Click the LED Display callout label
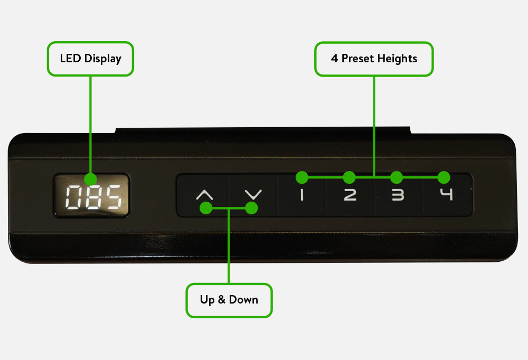click(90, 59)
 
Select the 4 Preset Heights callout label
click(374, 59)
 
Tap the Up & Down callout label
click(229, 300)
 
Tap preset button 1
click(301, 195)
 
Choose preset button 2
click(350, 195)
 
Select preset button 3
click(397, 195)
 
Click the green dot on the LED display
click(90, 179)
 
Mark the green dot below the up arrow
click(206, 209)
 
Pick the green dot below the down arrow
click(252, 209)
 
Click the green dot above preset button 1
click(301, 177)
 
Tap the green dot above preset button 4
click(444, 177)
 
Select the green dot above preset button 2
click(349, 177)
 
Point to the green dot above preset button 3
click(397, 177)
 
